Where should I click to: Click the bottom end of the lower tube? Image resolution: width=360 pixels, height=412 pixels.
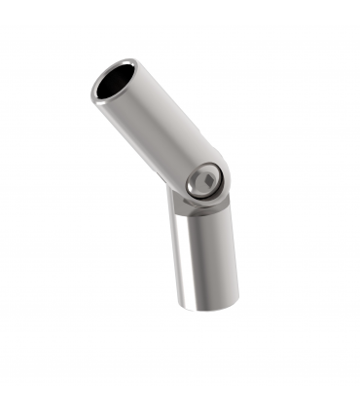click(207, 304)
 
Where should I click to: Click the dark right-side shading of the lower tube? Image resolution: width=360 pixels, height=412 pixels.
click(229, 258)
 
